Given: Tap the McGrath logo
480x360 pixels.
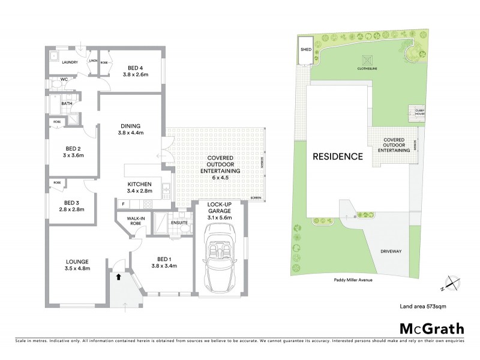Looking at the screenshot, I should tap(431, 328).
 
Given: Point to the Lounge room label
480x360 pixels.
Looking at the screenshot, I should tap(77, 265).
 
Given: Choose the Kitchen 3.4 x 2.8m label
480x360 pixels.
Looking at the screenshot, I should tap(140, 188).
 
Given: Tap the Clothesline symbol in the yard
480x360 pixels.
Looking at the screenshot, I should tap(367, 60).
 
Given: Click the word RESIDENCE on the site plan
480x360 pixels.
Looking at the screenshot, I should tap(337, 157).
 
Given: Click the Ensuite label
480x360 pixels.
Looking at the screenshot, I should tap(179, 223).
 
